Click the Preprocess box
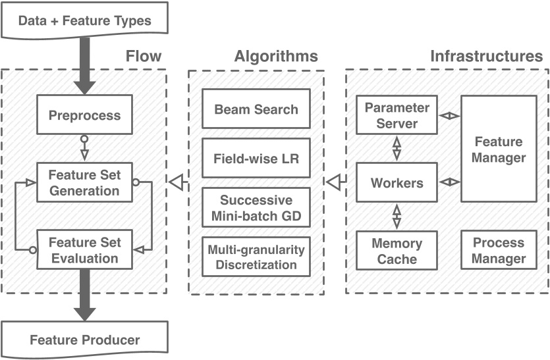point(84,116)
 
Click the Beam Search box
point(256,109)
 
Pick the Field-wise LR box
point(256,159)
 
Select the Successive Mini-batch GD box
point(256,207)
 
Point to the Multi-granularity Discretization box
point(256,257)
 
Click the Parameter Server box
point(397,115)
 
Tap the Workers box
point(397,182)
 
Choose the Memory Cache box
point(397,251)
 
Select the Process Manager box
point(499,251)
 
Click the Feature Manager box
point(499,149)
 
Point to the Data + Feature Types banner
point(84,19)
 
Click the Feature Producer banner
point(84,340)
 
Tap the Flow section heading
point(143,56)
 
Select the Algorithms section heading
point(275,56)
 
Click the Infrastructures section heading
point(486,56)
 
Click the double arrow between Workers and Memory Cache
point(397,216)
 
